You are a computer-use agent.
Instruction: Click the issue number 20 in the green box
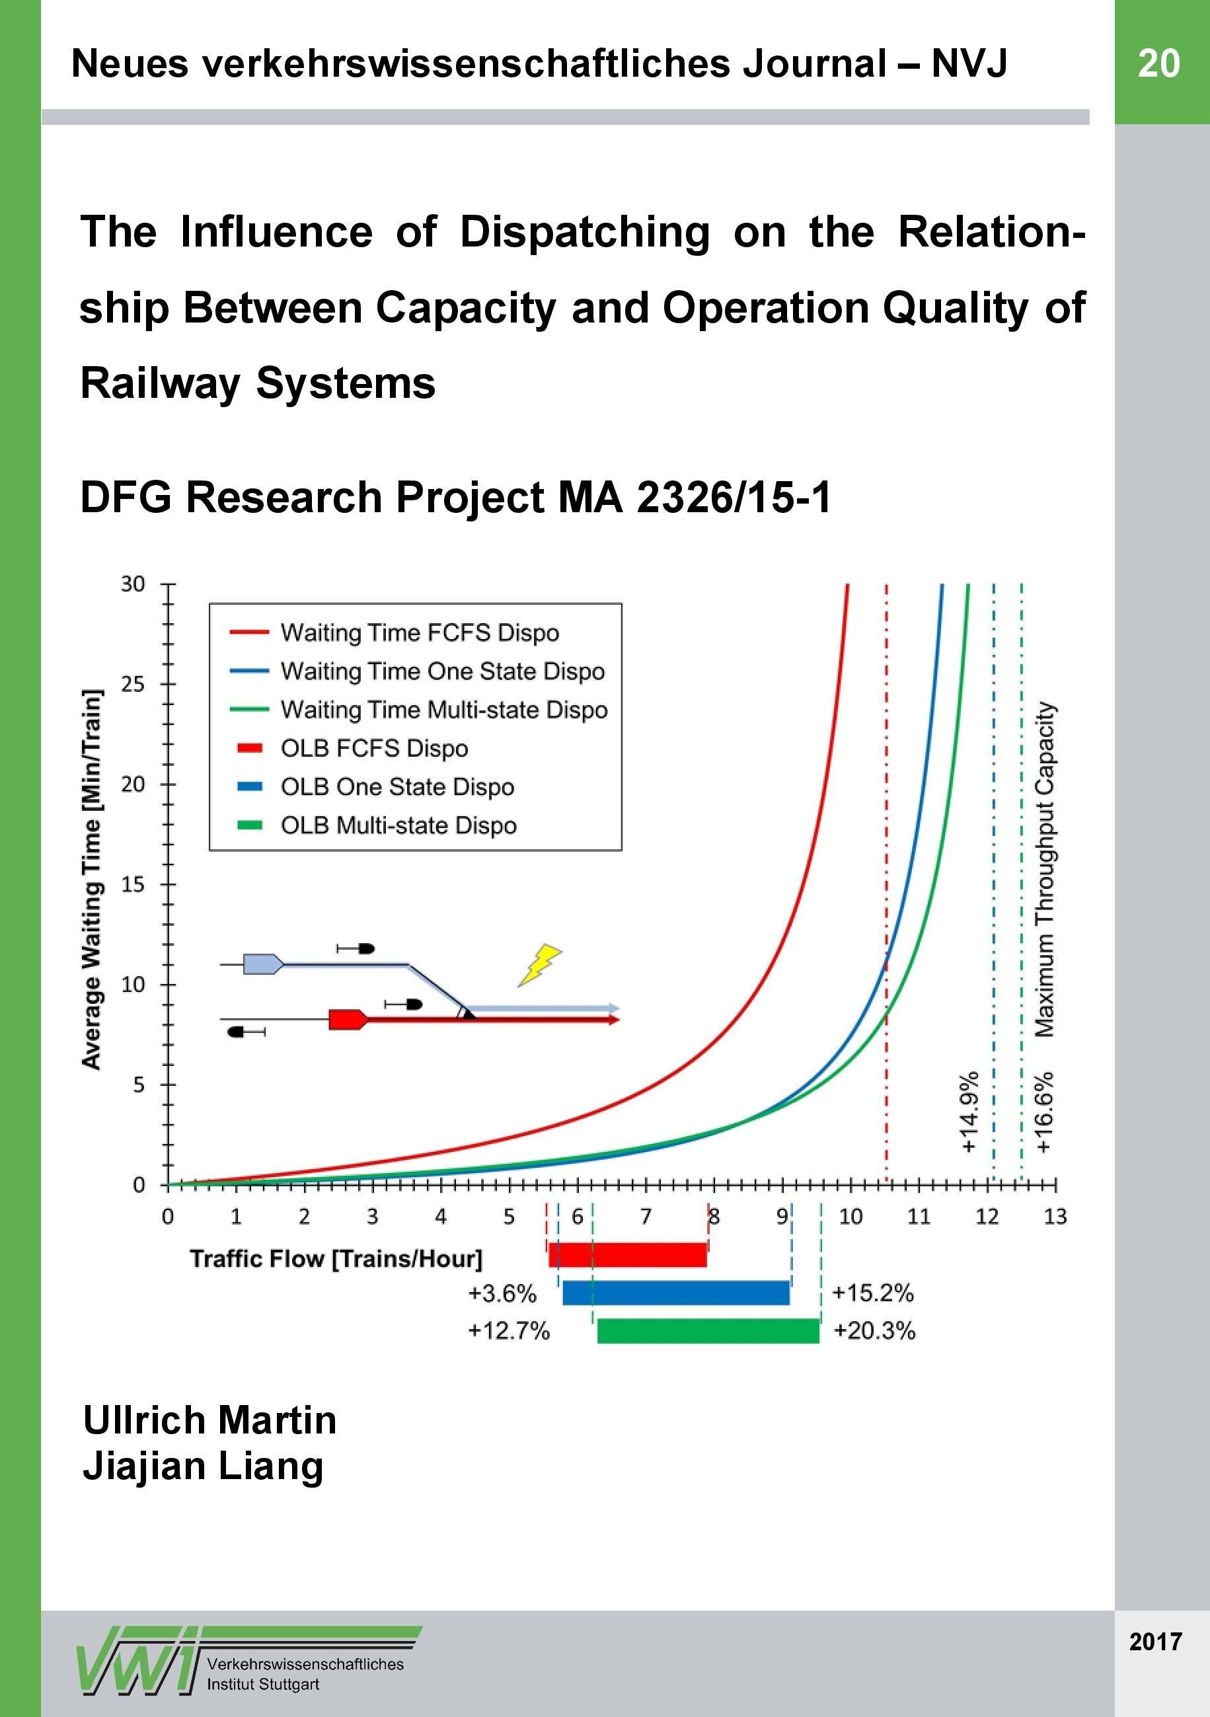tap(1158, 63)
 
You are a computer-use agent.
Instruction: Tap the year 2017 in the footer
tap(1155, 1642)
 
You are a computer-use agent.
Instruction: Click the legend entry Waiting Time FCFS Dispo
tap(420, 632)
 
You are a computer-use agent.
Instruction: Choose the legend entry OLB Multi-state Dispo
tap(398, 825)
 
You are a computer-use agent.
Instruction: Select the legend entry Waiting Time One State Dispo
tap(442, 671)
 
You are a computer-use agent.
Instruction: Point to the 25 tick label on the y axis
tap(132, 684)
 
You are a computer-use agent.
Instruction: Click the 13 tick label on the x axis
tap(1055, 1217)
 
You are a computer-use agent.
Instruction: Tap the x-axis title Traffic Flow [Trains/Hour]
tap(336, 1258)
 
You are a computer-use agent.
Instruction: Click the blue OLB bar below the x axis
tap(676, 1292)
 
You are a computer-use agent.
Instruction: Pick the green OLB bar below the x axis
tap(708, 1330)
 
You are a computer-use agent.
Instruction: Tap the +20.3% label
tap(874, 1331)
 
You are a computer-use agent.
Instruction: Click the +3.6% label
tap(502, 1293)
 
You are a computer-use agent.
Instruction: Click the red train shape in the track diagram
tap(348, 1019)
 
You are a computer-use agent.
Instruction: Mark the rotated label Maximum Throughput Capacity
tap(1045, 870)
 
